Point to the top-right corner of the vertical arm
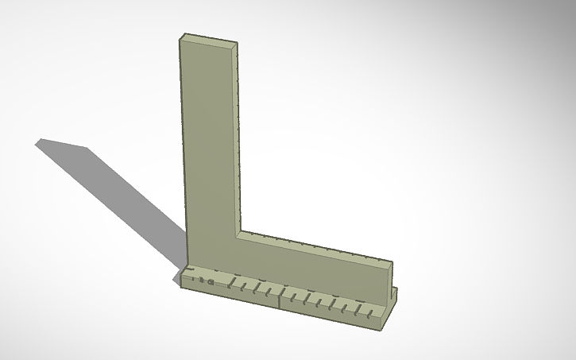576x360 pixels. coord(237,46)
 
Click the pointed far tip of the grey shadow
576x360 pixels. coord(37,142)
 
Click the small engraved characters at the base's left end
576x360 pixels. coord(204,281)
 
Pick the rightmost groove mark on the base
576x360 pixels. coord(369,312)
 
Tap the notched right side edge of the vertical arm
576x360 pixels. coord(238,135)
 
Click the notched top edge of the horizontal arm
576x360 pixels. coord(318,246)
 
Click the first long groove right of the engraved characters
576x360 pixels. coord(230,282)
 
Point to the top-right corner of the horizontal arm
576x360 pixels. coord(392,261)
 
